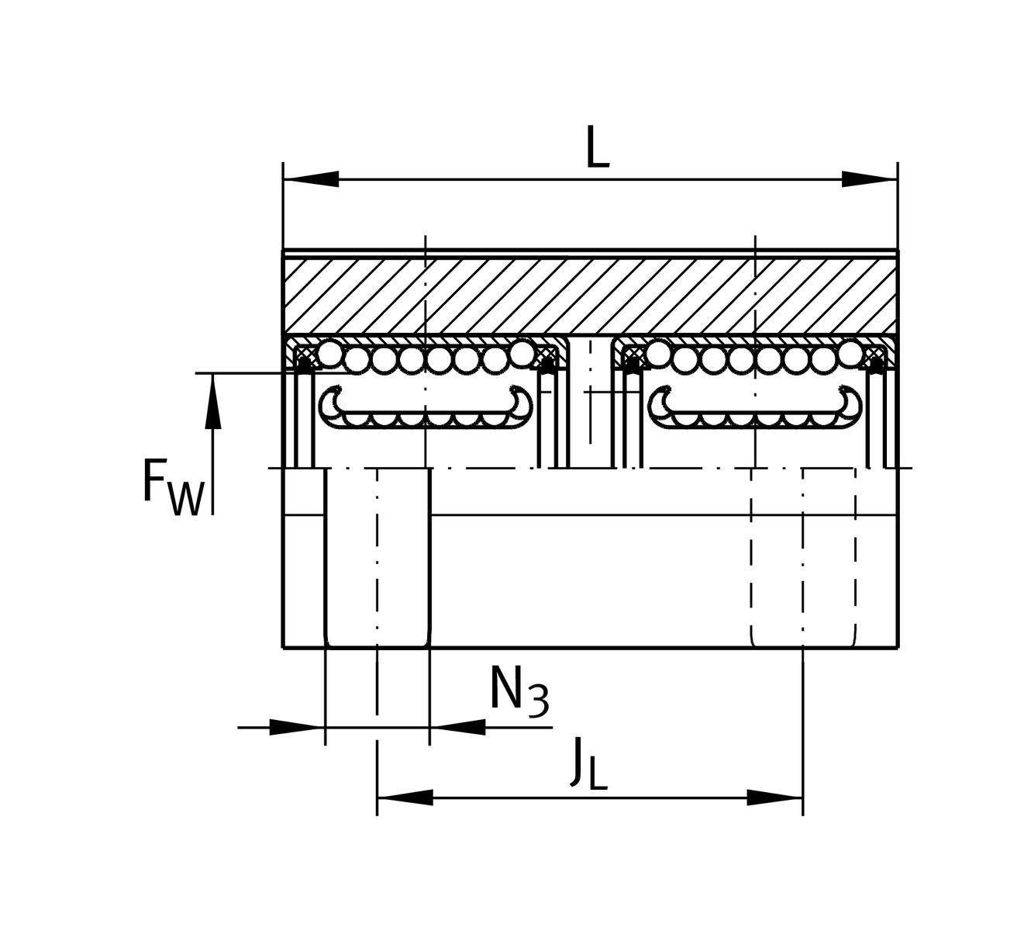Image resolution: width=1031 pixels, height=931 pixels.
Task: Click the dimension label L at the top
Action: coord(597,148)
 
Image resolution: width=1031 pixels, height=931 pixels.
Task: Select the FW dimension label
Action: coord(173,487)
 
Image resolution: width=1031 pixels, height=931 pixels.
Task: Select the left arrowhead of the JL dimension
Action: coord(404,798)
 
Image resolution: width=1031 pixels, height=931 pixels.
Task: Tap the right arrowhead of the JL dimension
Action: coord(775,798)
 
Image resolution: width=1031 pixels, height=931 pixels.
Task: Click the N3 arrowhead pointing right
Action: coord(297,727)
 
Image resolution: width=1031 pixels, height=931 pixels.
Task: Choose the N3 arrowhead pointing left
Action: coord(457,727)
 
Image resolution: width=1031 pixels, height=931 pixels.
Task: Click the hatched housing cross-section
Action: coord(589,294)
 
